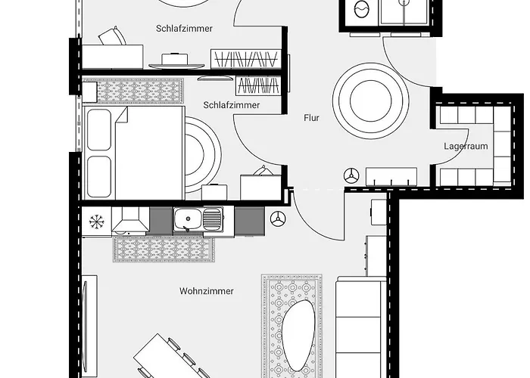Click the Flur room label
311,118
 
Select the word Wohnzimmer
206,290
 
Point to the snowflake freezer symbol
96,221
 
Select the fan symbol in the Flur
351,175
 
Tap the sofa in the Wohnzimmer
360,329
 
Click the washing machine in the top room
360,12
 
